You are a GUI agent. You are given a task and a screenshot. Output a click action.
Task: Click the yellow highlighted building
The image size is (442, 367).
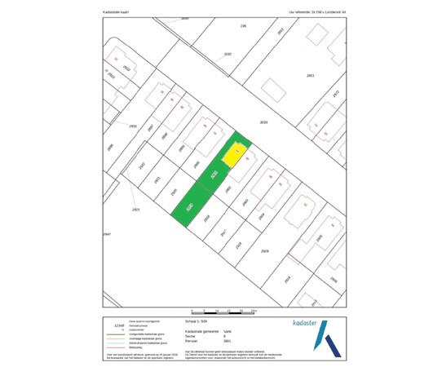(x=233, y=154)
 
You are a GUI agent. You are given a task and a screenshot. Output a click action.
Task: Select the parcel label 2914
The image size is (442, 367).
(x=287, y=279)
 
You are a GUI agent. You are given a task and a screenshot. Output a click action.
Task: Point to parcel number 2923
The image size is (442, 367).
(x=135, y=210)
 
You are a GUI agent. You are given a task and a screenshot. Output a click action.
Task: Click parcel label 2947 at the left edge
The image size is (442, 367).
(x=106, y=233)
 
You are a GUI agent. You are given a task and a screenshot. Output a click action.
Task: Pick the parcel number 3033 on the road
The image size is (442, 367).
(x=263, y=122)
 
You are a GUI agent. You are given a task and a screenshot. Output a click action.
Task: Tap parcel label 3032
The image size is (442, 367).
(x=228, y=54)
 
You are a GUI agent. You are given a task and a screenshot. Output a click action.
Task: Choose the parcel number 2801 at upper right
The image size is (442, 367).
(x=310, y=75)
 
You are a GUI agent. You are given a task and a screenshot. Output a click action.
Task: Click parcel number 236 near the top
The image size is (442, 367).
(x=243, y=26)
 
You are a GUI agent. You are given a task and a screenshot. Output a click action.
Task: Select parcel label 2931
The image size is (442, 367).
(x=133, y=126)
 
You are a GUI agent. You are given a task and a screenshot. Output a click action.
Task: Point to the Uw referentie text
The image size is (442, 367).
(x=323, y=12)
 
